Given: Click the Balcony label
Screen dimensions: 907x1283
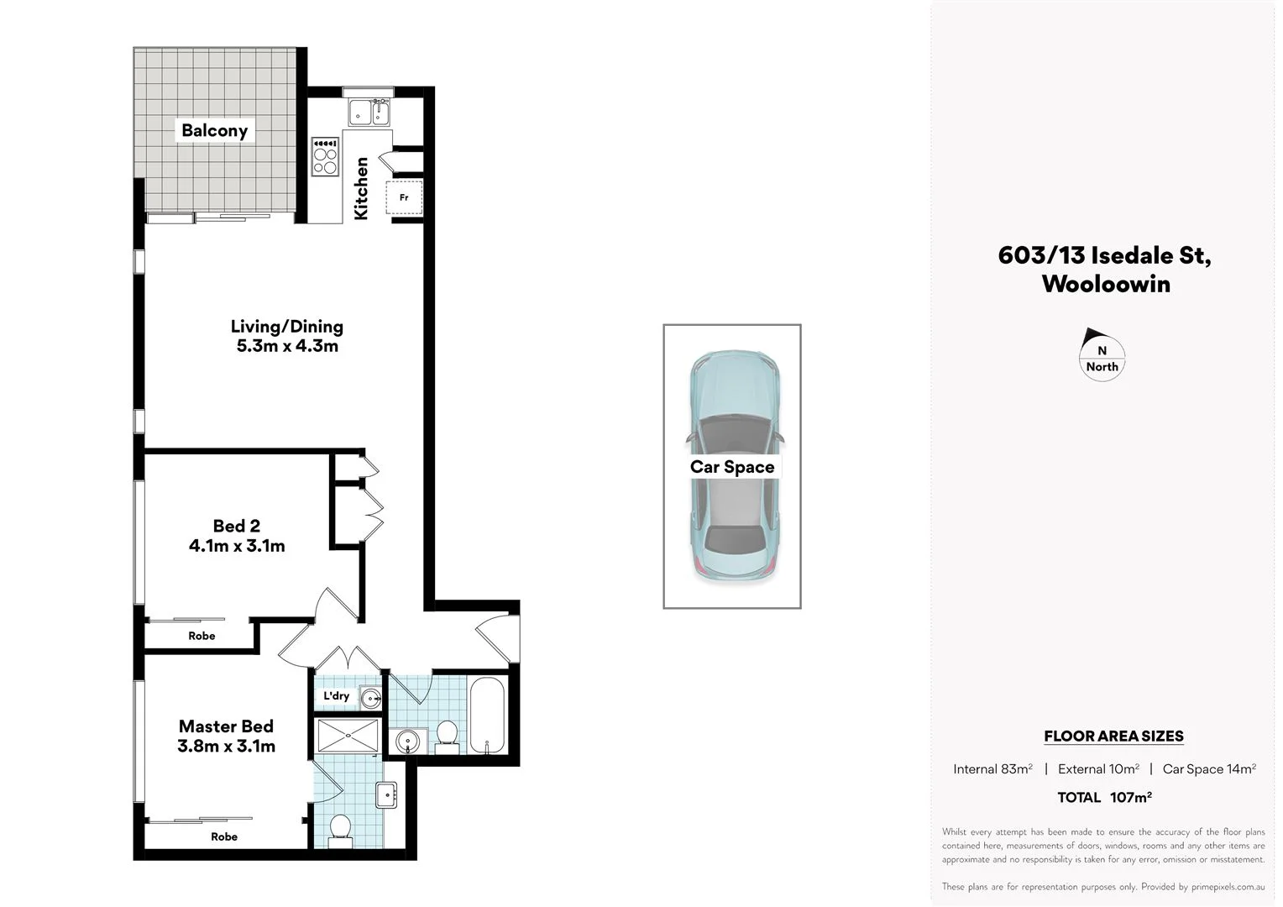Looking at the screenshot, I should (214, 130).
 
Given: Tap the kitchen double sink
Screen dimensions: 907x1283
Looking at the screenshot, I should (369, 112).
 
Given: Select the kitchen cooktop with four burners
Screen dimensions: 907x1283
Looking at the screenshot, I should (325, 157).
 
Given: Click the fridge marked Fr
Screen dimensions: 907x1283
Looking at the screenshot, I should (404, 197).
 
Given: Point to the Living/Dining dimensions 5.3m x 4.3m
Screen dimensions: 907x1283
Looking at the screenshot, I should (287, 346).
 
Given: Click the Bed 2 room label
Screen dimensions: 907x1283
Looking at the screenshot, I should (236, 526).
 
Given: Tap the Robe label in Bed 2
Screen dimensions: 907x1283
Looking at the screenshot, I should (202, 636).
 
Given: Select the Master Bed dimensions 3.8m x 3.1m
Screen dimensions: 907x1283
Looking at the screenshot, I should (226, 746).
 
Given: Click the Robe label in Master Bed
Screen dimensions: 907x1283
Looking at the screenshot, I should (224, 836).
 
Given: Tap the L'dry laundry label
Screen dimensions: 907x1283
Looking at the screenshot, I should (336, 695).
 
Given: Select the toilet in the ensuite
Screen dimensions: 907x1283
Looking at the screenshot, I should (340, 828).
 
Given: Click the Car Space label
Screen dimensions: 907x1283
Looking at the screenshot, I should (731, 467).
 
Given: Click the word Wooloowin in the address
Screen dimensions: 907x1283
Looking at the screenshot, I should (1105, 284).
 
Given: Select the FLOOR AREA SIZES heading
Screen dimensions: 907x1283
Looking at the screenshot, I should (1113, 736).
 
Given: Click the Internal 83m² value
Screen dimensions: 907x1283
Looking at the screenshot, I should (992, 768).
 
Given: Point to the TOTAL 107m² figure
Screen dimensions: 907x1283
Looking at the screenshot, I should (1104, 797).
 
